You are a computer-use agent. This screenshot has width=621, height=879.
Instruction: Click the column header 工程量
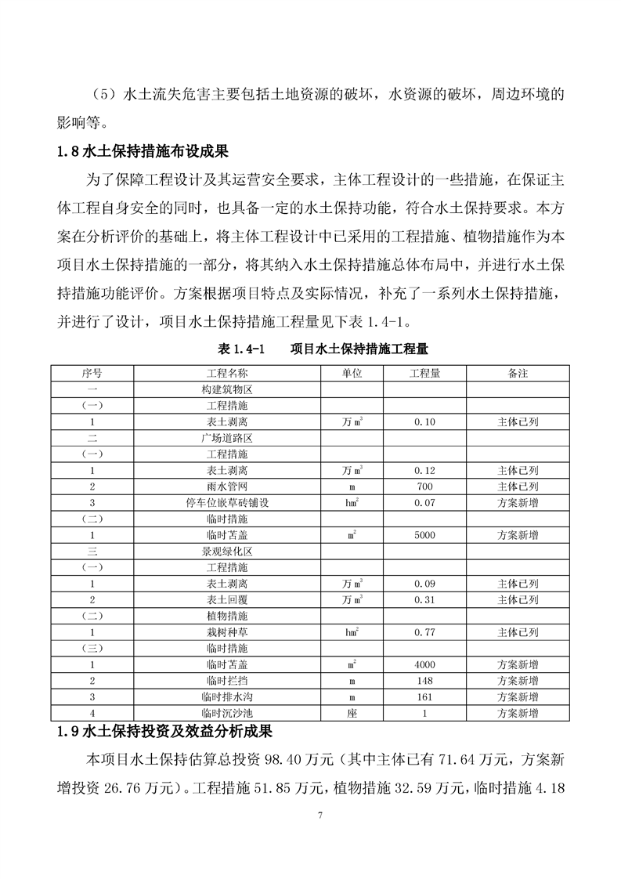coord(424,373)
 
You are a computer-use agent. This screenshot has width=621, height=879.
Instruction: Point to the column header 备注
coord(518,373)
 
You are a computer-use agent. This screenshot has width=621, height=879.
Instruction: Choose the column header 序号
coord(92,373)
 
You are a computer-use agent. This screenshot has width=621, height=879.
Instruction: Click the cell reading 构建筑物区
coord(226,389)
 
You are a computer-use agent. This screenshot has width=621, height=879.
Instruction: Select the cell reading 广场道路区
coord(226,438)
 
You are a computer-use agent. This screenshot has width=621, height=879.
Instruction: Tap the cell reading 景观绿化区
coord(226,552)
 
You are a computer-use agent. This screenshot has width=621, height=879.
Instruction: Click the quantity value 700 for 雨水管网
coord(424,487)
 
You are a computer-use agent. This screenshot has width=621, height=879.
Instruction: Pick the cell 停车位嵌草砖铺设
coord(226,503)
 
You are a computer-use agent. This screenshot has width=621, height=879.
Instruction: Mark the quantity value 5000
coord(424,535)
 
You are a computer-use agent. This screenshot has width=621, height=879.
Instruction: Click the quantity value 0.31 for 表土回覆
coord(424,600)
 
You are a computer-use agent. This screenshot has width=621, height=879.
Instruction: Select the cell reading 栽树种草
coord(226,632)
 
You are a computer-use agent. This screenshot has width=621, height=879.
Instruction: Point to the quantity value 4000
coord(424,665)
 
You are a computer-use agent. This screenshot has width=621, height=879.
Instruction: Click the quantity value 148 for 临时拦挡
coord(424,681)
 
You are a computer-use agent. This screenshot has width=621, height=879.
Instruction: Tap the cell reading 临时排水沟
coord(226,697)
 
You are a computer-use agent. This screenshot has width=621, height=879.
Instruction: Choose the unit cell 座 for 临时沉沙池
coord(352,714)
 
